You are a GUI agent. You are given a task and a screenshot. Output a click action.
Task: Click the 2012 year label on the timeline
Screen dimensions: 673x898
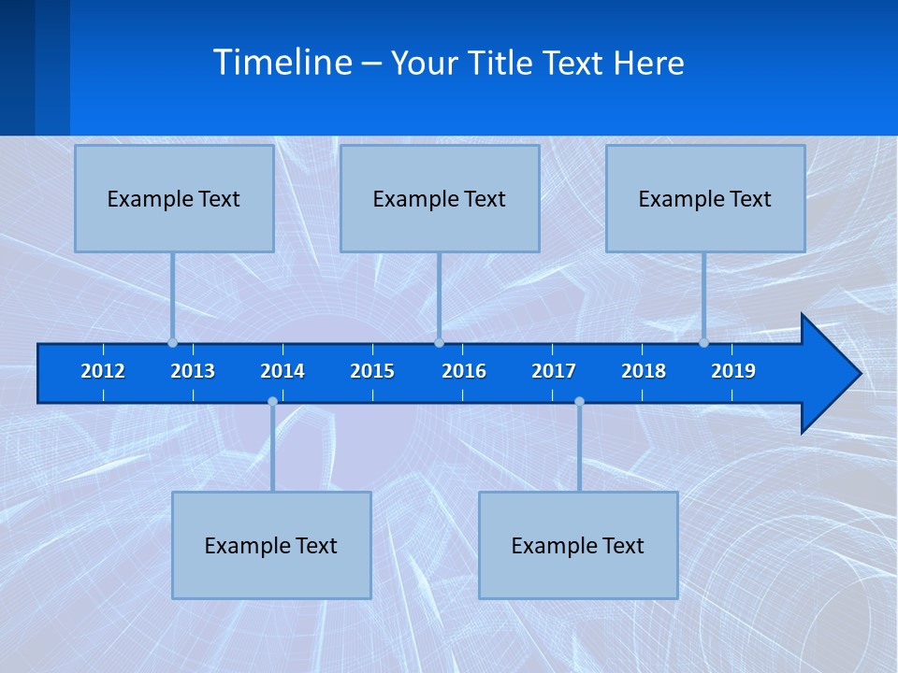[103, 371]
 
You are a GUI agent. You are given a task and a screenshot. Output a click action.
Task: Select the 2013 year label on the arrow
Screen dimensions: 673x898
[193, 371]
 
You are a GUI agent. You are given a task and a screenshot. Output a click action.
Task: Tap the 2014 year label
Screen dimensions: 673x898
[282, 371]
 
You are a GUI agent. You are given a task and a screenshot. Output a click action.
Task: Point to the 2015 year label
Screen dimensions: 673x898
[372, 371]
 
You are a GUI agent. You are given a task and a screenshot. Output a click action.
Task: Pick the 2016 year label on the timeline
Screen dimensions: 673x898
[464, 371]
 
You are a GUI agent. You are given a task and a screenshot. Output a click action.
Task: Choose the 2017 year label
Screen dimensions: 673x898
[554, 371]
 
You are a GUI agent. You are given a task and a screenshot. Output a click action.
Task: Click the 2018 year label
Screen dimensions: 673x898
[644, 371]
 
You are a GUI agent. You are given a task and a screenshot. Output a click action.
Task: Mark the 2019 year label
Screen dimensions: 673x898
[733, 371]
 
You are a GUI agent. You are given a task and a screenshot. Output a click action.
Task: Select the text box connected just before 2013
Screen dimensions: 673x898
[174, 198]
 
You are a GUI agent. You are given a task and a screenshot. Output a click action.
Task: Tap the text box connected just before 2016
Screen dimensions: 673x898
[440, 198]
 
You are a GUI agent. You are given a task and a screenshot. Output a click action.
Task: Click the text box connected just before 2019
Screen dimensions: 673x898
[705, 198]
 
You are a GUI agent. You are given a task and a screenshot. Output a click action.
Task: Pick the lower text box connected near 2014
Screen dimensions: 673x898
[271, 545]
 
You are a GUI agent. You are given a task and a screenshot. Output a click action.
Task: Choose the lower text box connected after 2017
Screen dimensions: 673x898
[578, 545]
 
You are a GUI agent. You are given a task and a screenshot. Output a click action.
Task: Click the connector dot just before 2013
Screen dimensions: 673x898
[173, 342]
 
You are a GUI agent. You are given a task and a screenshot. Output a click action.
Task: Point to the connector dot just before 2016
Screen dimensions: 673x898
[439, 342]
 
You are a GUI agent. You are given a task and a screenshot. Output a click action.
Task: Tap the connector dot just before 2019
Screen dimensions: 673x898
[704, 342]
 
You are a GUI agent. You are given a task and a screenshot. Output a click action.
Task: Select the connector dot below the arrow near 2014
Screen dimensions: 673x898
[272, 402]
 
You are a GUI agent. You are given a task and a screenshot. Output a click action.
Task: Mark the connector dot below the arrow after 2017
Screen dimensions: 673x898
[579, 402]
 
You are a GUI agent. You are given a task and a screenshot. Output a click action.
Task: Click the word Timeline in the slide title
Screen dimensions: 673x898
[282, 62]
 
